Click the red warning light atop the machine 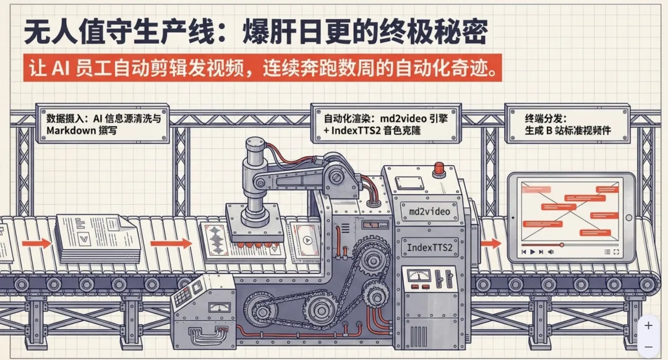440,166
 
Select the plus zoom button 648,325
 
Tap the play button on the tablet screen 533,252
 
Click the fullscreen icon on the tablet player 616,252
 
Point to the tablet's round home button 628,217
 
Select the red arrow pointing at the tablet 491,242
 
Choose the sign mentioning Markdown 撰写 105,124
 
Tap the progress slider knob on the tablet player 562,245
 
